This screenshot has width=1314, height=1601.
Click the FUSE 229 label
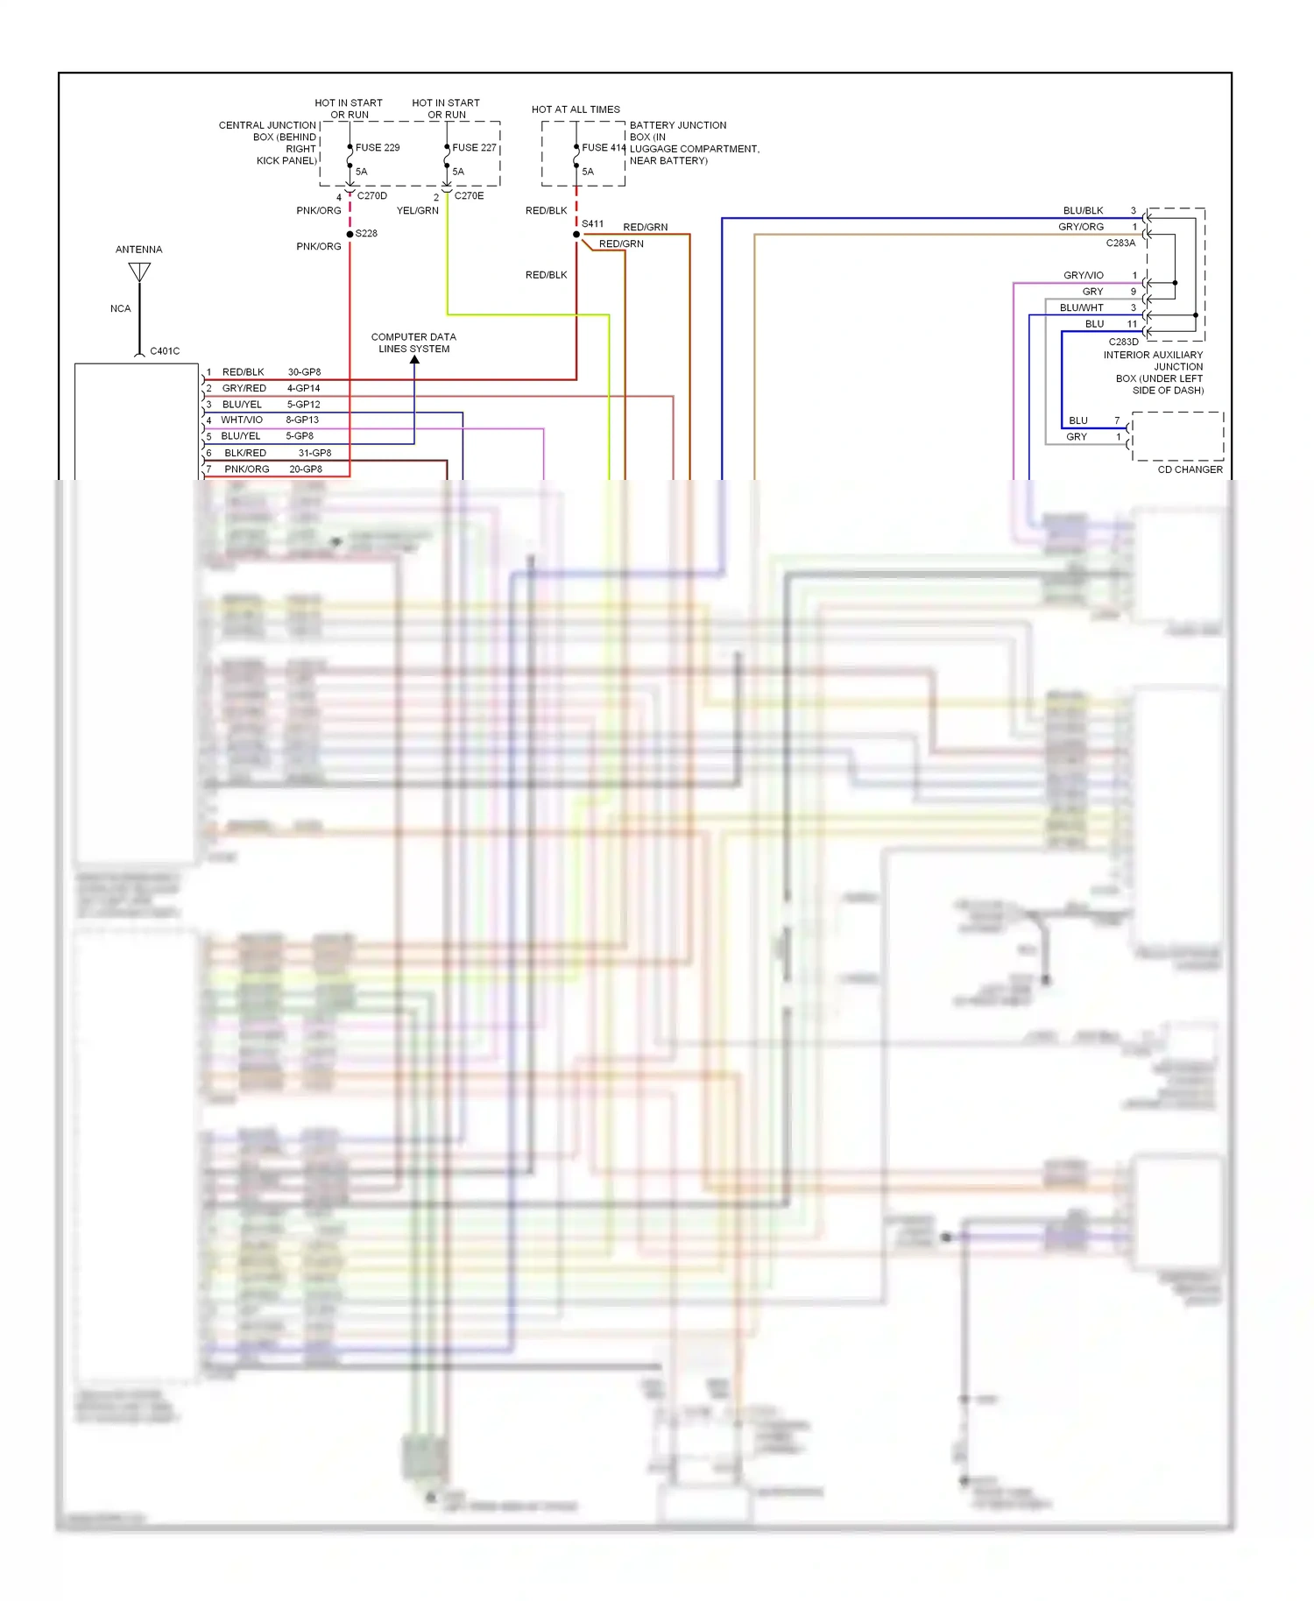point(377,147)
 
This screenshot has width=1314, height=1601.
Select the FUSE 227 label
point(474,147)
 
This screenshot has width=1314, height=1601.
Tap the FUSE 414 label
point(604,147)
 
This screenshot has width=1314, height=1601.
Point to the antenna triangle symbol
point(139,272)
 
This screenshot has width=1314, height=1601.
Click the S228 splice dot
point(350,234)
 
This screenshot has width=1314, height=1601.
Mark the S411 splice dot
point(576,234)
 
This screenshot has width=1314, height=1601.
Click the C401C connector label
point(165,351)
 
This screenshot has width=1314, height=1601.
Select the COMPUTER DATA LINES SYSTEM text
point(413,342)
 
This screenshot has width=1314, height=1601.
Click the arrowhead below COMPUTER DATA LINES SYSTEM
point(414,360)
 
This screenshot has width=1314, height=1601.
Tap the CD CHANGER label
point(1190,469)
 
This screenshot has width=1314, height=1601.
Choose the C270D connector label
point(371,196)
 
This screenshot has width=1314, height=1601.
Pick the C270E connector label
point(469,196)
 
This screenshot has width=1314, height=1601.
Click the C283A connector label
point(1120,243)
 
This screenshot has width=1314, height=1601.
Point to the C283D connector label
point(1123,342)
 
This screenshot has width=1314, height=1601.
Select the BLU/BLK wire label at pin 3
point(1083,211)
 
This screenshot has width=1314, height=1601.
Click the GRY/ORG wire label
point(1080,227)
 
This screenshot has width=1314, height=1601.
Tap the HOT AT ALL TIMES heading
point(576,109)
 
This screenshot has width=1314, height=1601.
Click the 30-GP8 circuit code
point(304,372)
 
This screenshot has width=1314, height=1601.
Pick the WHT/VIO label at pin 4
point(242,420)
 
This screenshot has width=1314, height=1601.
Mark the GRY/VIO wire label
point(1083,275)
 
